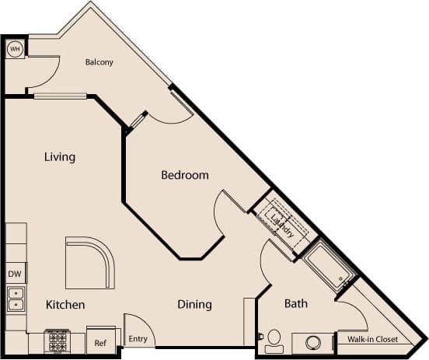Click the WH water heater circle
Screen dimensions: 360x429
15,49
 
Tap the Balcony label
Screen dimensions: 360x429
99,62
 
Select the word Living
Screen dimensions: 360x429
60,157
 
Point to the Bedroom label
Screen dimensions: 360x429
185,175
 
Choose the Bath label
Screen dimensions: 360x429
296,303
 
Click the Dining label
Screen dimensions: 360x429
194,304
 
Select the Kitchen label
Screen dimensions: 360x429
65,304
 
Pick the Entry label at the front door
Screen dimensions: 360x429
138,338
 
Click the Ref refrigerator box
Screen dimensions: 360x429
100,341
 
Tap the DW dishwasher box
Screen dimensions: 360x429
15,274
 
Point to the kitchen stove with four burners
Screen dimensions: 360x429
57,341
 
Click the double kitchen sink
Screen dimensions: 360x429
15,299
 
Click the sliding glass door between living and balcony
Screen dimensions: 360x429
60,96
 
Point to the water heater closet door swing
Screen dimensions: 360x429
45,74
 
